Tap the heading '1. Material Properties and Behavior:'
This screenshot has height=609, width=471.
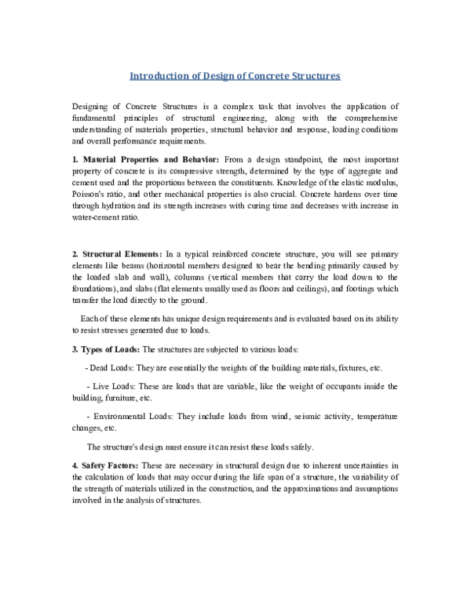pos(137,159)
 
